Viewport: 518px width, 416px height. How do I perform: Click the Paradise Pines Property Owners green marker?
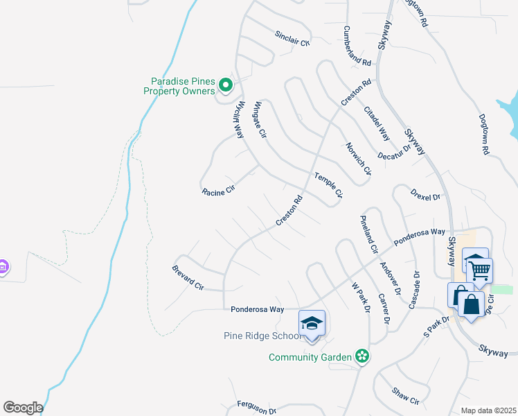coord(225,85)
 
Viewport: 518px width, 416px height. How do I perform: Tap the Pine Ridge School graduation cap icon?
coord(312,323)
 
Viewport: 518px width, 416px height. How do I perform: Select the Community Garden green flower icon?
coord(361,356)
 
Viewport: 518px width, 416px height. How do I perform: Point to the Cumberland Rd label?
coord(357,46)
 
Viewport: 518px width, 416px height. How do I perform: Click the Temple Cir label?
coord(328,185)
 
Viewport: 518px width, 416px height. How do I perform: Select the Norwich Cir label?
coord(359,158)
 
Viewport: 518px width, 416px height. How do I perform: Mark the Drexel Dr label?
coord(425,193)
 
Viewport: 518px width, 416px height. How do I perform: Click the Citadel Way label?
coord(377,122)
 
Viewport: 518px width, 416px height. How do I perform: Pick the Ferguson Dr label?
coord(256,407)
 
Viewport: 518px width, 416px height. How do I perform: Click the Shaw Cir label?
coord(406,396)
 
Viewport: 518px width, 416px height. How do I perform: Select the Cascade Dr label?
coord(417,290)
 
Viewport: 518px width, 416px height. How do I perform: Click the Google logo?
coord(23,408)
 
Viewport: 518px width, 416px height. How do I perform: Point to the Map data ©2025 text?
coord(488,410)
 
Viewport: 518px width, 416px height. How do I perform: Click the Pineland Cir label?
coord(368,234)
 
